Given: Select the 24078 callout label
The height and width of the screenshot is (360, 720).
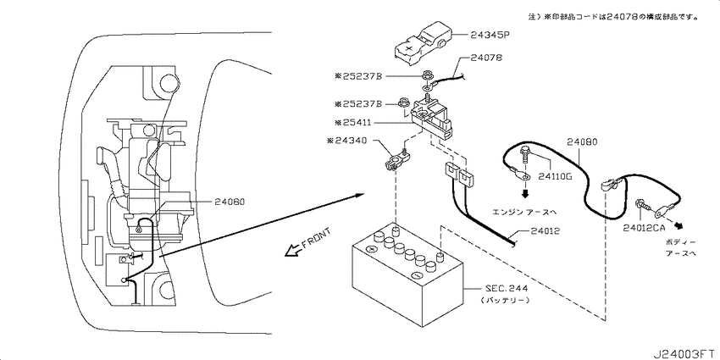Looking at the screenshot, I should click(x=488, y=60).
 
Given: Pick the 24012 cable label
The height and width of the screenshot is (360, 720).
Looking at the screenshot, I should click(x=546, y=230).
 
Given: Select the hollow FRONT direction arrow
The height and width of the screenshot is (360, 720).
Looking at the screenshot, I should click(x=292, y=248).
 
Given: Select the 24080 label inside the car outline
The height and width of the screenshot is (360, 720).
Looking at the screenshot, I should click(x=230, y=202).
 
